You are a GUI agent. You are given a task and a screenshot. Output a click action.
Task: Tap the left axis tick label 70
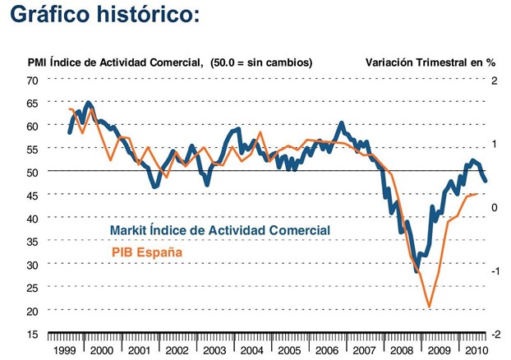point(32,81)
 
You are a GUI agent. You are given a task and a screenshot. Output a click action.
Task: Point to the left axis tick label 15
point(32,335)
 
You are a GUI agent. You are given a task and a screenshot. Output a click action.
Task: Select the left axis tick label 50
point(32,173)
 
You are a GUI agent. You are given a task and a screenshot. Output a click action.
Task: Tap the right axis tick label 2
point(495,81)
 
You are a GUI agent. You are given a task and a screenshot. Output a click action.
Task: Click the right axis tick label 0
point(495,207)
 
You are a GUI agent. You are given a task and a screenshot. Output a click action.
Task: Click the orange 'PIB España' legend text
point(146,252)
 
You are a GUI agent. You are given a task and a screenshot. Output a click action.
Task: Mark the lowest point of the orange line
point(429,308)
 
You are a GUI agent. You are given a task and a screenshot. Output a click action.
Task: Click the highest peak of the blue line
point(88,103)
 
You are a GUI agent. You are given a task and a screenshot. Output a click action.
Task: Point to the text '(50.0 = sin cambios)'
point(260,62)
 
